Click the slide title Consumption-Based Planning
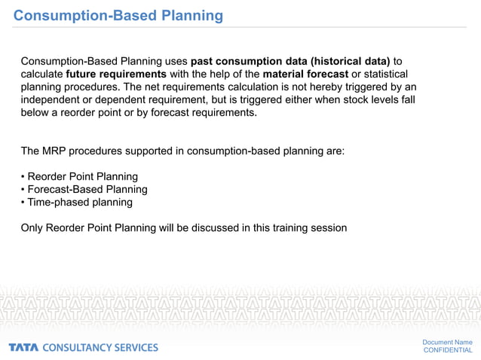pyautogui.click(x=118, y=15)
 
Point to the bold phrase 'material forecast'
pyautogui.click(x=305, y=74)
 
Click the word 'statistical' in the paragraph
pyautogui.click(x=386, y=74)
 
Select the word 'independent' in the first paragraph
pyautogui.click(x=53, y=100)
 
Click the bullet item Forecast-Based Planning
pyautogui.click(x=87, y=189)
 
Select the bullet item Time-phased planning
pyautogui.click(x=80, y=202)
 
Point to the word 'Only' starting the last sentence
pyautogui.click(x=33, y=227)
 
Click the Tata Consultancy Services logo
pyautogui.click(x=84, y=347)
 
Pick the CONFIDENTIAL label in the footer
pyautogui.click(x=448, y=350)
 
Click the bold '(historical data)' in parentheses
pyautogui.click(x=354, y=60)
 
